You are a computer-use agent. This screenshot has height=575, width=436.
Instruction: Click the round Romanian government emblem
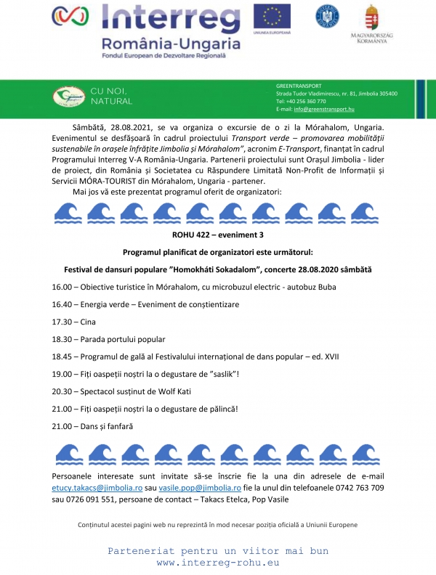tap(326, 17)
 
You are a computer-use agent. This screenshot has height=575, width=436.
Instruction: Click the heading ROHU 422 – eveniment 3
tap(217, 235)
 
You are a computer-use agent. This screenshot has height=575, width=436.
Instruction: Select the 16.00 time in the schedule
tap(62, 287)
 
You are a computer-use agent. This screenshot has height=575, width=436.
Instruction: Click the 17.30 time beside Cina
tap(62, 322)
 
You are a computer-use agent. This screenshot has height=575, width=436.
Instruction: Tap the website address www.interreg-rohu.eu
tap(218, 563)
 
